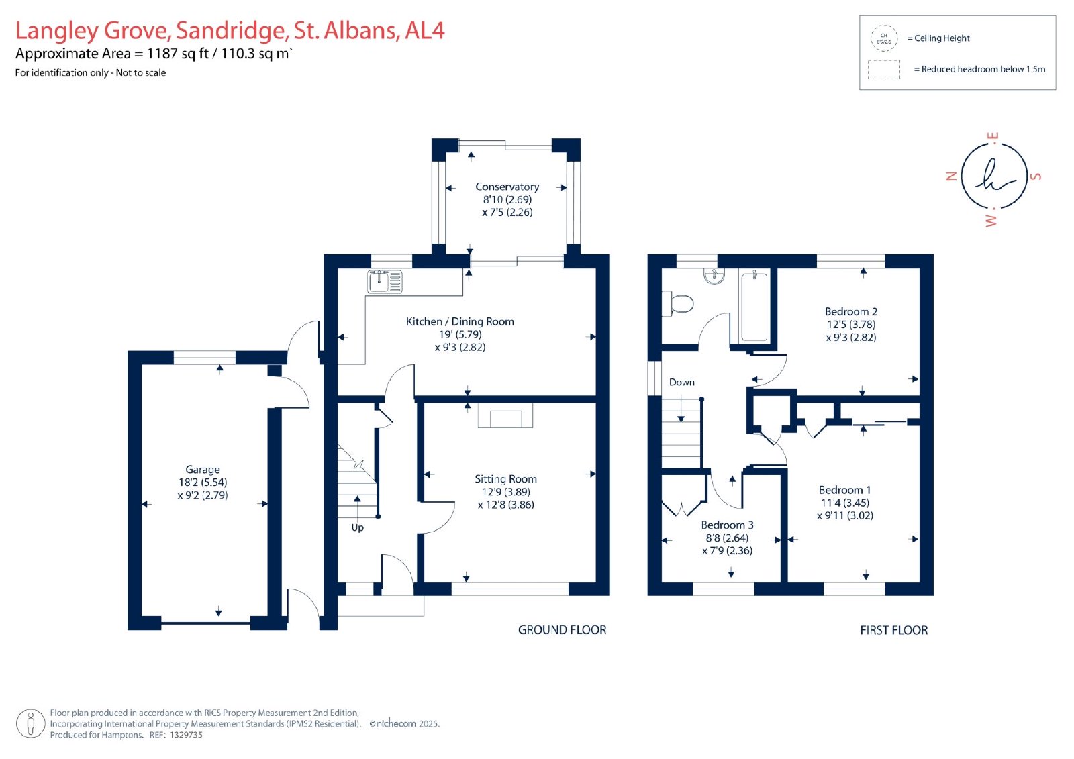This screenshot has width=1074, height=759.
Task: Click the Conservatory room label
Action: click(x=507, y=187)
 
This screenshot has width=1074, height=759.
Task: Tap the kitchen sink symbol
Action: click(x=385, y=281)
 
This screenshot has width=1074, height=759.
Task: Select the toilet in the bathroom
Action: click(x=677, y=303)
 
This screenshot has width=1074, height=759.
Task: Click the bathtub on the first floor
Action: click(x=754, y=306)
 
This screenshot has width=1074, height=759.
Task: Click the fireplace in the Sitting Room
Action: click(x=505, y=415)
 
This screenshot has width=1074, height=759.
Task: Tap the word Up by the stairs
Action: click(x=357, y=528)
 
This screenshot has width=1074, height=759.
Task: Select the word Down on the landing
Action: click(x=681, y=382)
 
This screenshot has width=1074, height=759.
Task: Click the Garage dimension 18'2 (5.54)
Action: click(x=203, y=483)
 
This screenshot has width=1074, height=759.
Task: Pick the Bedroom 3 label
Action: click(x=727, y=525)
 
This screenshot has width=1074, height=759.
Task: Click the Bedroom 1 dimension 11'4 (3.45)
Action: click(x=845, y=503)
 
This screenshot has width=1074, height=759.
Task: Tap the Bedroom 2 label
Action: click(x=851, y=311)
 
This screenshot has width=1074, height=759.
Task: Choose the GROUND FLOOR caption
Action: click(x=562, y=630)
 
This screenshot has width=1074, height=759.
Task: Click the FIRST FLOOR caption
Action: click(x=893, y=630)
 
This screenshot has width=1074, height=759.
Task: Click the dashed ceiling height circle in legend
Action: click(x=884, y=38)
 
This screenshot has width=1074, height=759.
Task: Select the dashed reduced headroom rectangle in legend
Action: click(x=883, y=70)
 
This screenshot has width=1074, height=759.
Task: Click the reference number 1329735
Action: click(x=187, y=735)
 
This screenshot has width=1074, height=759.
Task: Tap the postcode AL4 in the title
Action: click(x=425, y=30)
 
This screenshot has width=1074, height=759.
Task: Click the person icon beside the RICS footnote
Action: click(x=31, y=723)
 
